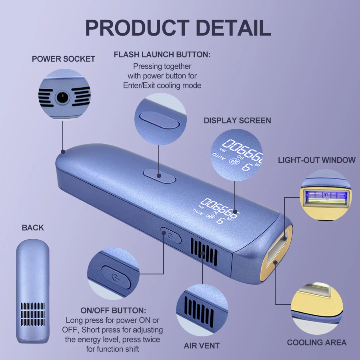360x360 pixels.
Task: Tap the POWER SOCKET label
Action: [64, 59]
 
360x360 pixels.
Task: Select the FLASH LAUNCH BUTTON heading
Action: [162, 55]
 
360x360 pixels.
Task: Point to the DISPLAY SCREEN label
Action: [237, 120]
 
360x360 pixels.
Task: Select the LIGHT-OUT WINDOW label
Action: [317, 160]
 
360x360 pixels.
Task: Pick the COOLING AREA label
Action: [317, 342]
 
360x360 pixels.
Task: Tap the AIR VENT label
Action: [202, 345]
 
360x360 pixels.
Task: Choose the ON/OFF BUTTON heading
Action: [114, 311]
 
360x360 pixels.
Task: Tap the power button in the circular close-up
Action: [115, 276]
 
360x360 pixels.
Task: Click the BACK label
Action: [33, 228]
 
